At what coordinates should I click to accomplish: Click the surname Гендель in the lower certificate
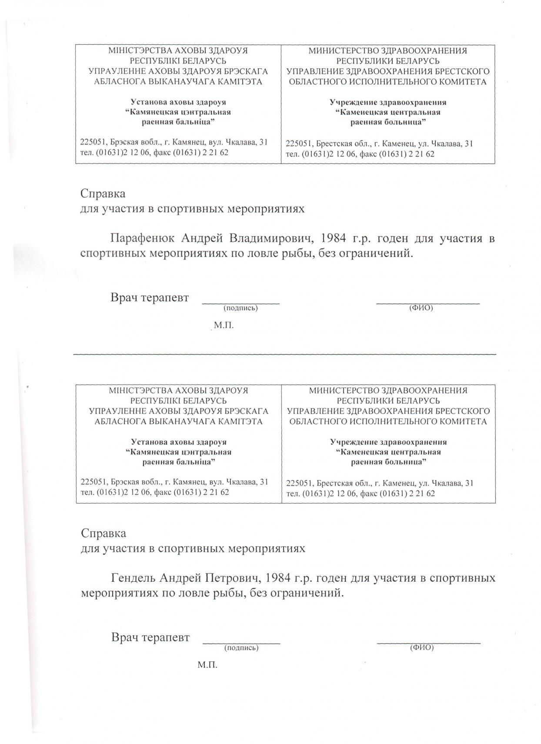pos(134,578)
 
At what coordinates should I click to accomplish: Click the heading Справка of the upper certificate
pos(103,194)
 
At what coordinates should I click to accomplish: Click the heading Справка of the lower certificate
pos(104,533)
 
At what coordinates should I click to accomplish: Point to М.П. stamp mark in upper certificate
pos(224,326)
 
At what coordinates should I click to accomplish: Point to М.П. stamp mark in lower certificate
pos(207,665)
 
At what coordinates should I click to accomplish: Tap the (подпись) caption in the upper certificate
pos(240,308)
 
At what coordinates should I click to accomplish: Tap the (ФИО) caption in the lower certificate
pos(422,647)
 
